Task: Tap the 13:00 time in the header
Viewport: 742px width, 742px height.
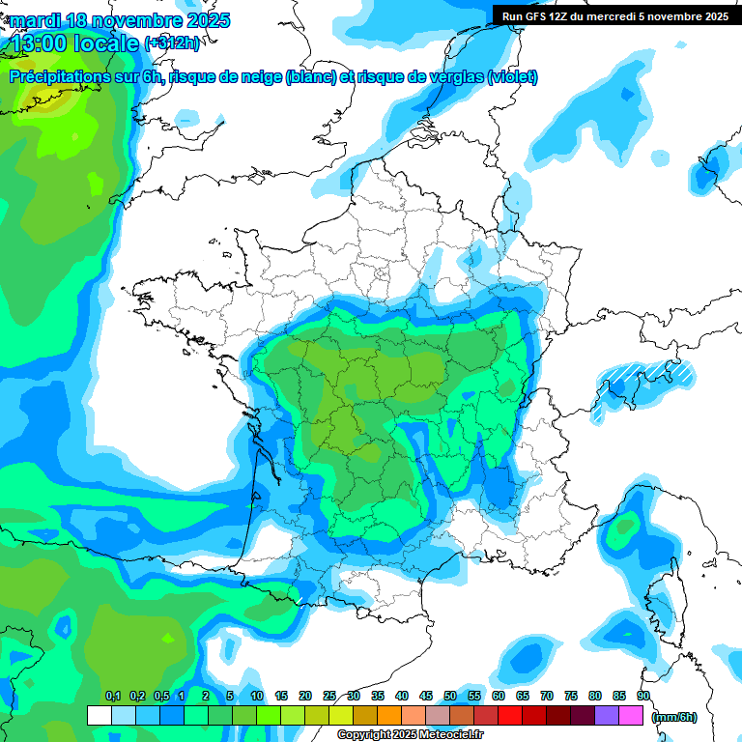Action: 41,43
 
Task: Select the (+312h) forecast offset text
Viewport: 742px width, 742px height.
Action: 172,43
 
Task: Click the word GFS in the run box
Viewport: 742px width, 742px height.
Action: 536,15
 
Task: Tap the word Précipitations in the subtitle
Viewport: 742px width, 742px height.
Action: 59,77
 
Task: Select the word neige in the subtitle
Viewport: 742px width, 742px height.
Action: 262,77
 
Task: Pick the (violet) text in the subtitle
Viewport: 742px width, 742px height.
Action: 512,77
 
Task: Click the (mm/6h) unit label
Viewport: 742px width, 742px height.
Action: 673,717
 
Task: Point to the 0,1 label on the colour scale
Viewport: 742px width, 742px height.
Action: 113,696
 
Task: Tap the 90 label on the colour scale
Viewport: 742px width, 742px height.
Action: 642,696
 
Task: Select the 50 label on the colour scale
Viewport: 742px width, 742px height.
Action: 450,696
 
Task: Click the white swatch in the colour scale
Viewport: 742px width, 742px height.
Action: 99,716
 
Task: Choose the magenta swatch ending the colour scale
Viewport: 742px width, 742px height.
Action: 631,716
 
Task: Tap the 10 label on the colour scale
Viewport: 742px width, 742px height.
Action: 257,696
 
